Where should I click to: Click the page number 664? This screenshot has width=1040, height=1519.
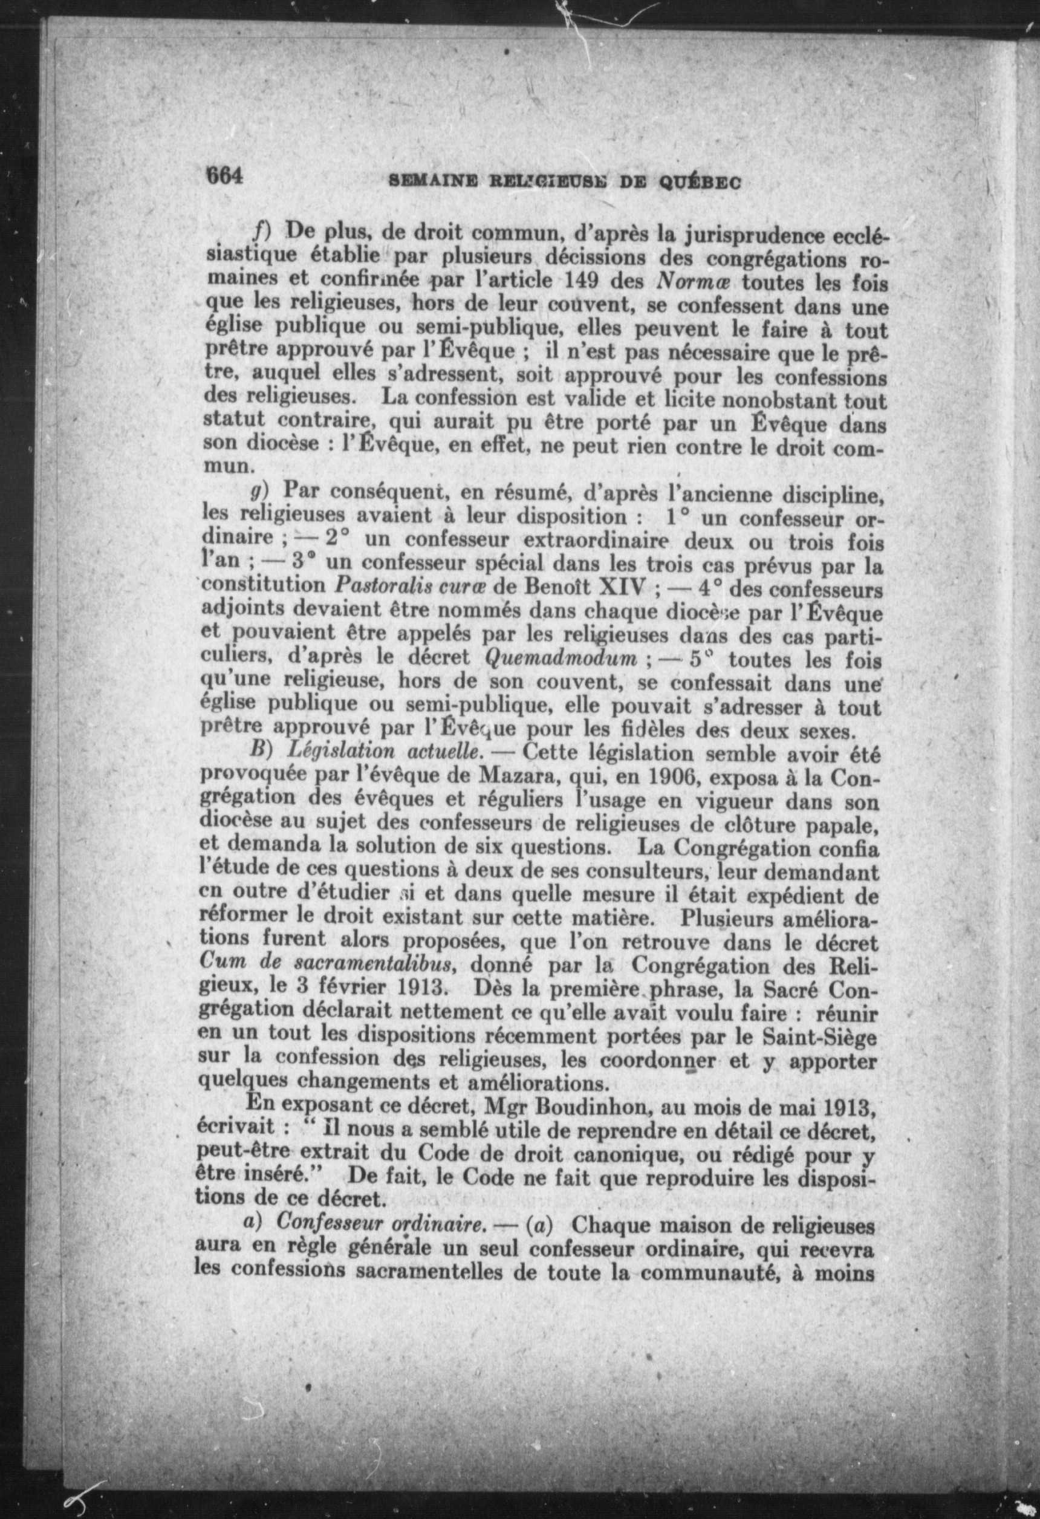pyautogui.click(x=224, y=177)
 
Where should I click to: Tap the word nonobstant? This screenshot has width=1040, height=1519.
pyautogui.click(x=760, y=399)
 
